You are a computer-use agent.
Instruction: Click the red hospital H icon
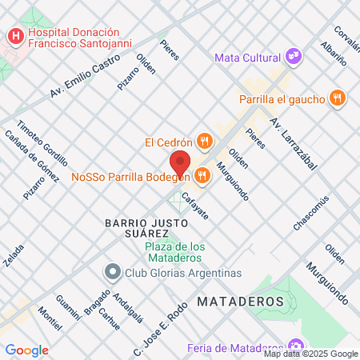[14, 36]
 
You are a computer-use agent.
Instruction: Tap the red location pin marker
[180, 164]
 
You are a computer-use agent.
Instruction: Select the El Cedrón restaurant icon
[205, 142]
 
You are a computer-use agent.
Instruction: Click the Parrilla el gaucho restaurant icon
[338, 99]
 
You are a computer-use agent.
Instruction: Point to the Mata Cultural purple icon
[294, 57]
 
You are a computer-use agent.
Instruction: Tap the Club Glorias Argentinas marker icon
[112, 273]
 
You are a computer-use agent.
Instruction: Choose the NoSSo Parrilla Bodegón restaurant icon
[200, 174]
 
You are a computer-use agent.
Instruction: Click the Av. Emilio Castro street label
[80, 79]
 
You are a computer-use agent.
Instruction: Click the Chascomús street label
[311, 213]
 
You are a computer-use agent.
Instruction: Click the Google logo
[26, 350]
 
